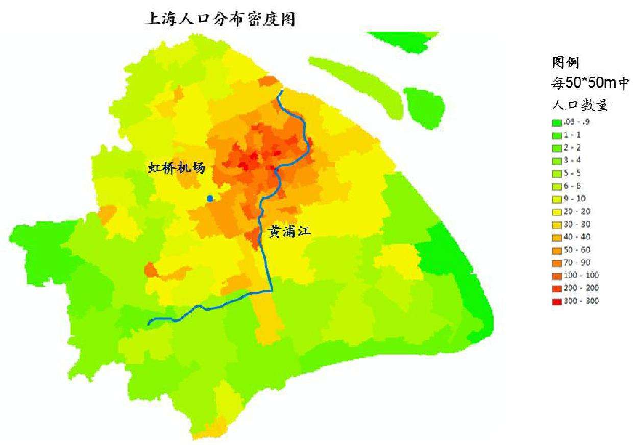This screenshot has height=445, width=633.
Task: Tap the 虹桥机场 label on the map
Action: click(x=176, y=167)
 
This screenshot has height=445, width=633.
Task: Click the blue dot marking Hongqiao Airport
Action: click(x=210, y=198)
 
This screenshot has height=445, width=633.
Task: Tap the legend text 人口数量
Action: click(x=579, y=105)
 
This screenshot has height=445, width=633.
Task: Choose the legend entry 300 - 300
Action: click(x=580, y=301)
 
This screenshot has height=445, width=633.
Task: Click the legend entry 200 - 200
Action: click(x=580, y=288)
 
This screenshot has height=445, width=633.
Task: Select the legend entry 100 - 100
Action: click(x=580, y=276)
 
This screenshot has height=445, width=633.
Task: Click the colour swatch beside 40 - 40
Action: click(x=556, y=237)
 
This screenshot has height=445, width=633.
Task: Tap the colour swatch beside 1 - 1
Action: click(x=556, y=135)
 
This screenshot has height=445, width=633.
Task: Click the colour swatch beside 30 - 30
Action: click(x=556, y=225)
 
